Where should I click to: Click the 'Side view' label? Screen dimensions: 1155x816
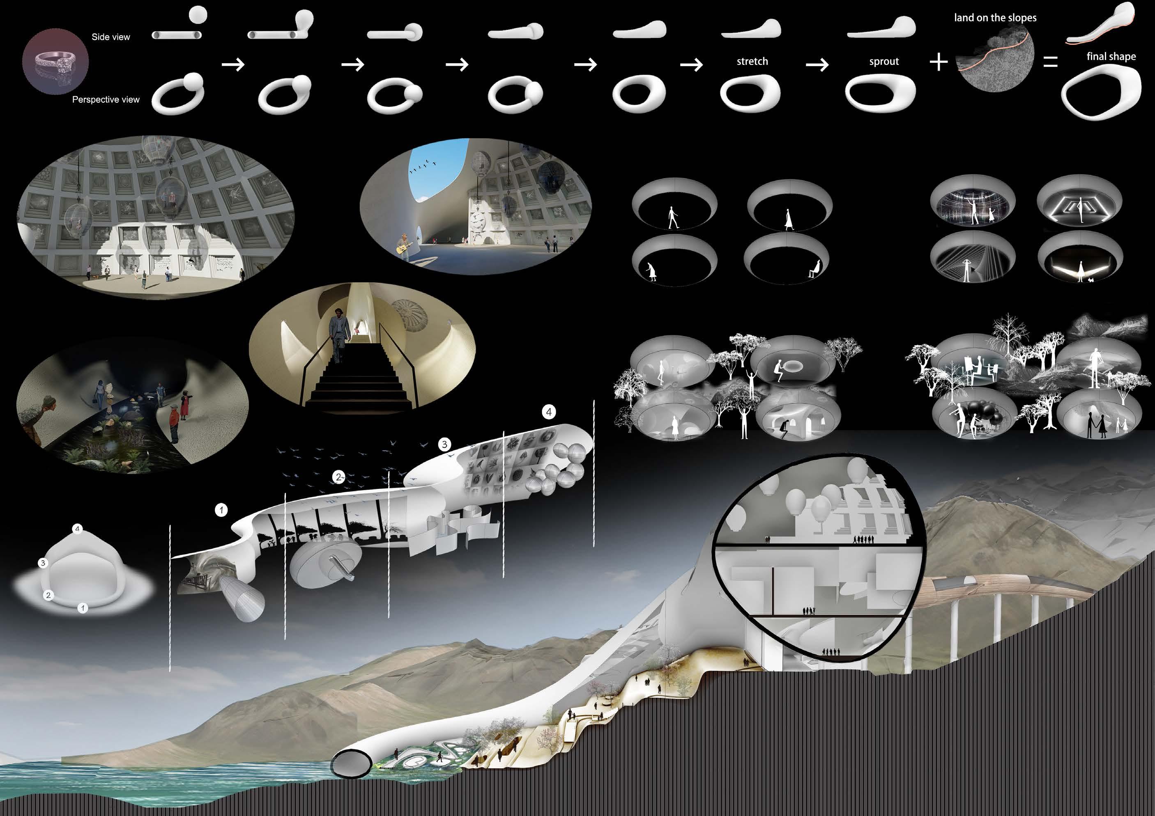(110, 37)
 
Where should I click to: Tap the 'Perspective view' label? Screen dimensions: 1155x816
(106, 100)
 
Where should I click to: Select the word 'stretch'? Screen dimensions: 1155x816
(752, 61)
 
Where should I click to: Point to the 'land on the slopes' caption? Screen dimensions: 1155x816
(995, 18)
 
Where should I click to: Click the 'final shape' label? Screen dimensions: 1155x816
(1111, 56)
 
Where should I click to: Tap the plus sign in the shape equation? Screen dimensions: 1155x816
(939, 62)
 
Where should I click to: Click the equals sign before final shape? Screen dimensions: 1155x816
(1050, 62)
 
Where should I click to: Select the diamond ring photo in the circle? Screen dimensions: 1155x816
(55, 61)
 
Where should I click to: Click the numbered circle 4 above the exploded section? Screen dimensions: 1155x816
(549, 412)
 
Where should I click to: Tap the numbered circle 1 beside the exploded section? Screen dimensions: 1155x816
(221, 510)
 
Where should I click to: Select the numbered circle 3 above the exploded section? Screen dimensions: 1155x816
(444, 445)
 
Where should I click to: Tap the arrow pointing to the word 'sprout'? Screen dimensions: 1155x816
(817, 65)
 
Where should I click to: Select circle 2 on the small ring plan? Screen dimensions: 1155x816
(48, 595)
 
